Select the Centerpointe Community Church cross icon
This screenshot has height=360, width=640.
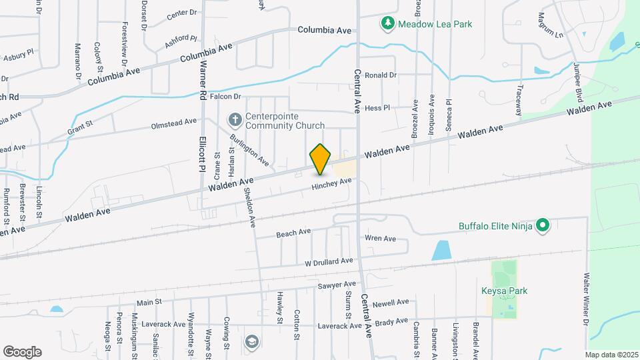[235, 119]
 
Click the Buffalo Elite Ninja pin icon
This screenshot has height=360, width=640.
[543, 226]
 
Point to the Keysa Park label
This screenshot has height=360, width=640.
[504, 291]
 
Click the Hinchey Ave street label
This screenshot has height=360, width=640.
[331, 184]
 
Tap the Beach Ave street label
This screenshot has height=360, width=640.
[293, 233]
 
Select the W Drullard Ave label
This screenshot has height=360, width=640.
[329, 261]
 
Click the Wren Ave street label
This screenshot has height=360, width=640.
[380, 239]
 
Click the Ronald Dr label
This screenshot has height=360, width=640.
[381, 75]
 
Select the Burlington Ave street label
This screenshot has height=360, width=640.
[249, 150]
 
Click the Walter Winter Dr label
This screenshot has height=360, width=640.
[587, 298]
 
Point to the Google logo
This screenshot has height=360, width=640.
[22, 351]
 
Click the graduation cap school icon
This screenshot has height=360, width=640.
[251, 342]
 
